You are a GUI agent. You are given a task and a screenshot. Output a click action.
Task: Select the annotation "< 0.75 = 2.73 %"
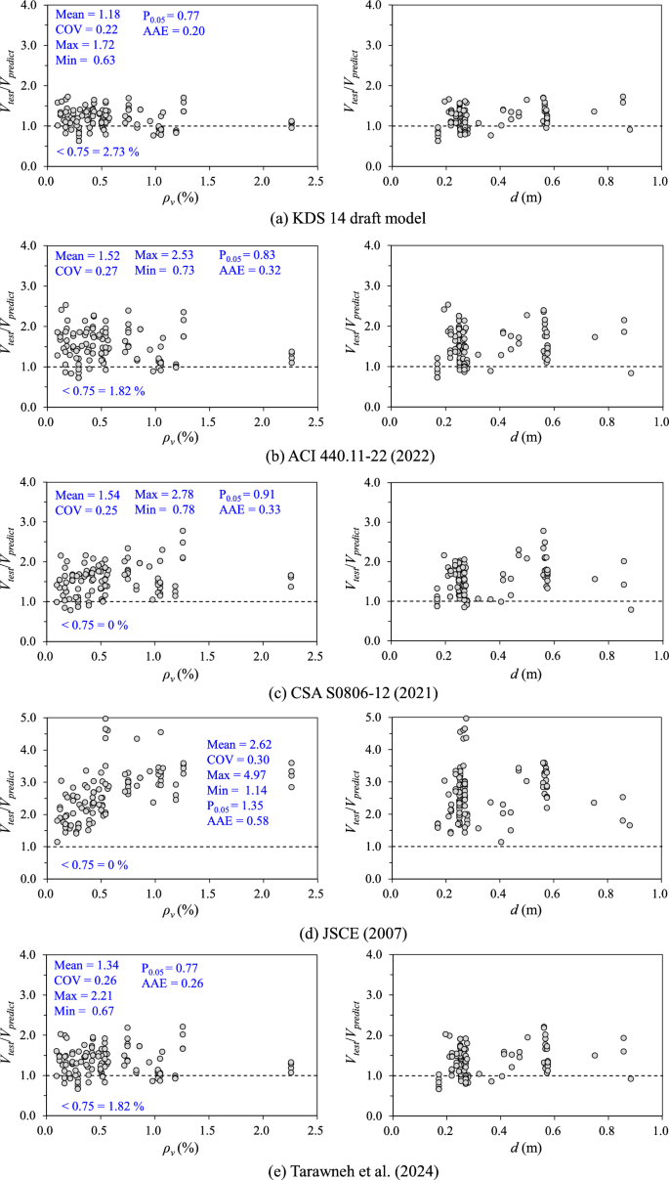click(x=98, y=152)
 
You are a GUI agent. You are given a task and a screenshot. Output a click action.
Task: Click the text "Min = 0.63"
click(x=83, y=61)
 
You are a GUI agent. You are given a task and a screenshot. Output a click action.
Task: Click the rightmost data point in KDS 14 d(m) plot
click(x=630, y=129)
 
